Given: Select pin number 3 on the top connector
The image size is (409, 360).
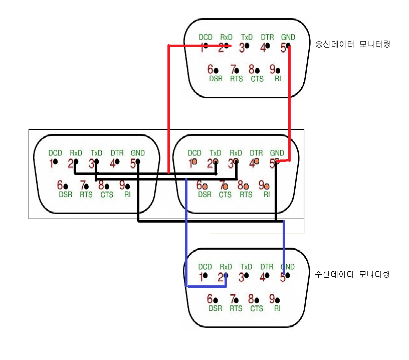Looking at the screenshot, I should (x=242, y=48).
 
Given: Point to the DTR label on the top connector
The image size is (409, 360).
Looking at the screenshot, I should (x=267, y=37).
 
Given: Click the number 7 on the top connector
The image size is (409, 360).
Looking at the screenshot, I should (x=233, y=69).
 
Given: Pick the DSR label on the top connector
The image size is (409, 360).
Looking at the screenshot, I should (x=216, y=79).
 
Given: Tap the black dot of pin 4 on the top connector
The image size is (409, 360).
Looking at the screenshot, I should (x=268, y=47).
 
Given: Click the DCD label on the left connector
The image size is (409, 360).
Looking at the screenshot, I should (x=55, y=153).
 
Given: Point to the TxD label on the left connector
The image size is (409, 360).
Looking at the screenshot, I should (x=96, y=153).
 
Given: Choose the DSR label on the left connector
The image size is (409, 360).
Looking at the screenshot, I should (x=66, y=195).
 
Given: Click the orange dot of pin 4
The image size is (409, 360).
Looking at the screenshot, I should (x=257, y=161).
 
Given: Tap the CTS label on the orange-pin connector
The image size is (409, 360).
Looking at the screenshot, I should (x=225, y=195).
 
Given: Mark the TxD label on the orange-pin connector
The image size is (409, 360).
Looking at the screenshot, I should (x=215, y=153).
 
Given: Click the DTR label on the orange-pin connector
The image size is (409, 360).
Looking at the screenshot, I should (x=256, y=153).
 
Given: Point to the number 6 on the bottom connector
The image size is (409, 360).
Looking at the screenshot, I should (x=210, y=299).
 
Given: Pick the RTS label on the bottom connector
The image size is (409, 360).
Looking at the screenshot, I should (x=236, y=308).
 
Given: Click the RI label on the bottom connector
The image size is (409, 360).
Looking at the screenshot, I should (x=277, y=308).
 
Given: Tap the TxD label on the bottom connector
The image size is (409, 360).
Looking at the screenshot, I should (x=247, y=267).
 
